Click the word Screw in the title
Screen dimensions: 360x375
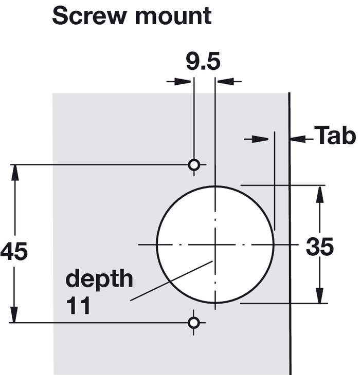pyautogui.click(x=89, y=16)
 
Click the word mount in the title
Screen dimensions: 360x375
pyautogui.click(x=173, y=16)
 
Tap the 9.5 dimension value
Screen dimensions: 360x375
pyautogui.click(x=203, y=62)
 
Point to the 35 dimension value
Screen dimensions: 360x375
pyautogui.click(x=319, y=247)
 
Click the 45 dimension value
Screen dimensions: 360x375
pyautogui.click(x=14, y=251)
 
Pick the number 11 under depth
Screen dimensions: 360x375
pyautogui.click(x=78, y=306)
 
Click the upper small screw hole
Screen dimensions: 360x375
pyautogui.click(x=194, y=165)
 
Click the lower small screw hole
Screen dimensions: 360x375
pyautogui.click(x=194, y=323)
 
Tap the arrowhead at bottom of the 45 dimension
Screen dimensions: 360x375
pyautogui.click(x=14, y=315)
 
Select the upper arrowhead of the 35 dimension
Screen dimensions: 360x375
pyautogui.click(x=320, y=193)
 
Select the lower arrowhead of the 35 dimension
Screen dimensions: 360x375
pyautogui.click(x=319, y=295)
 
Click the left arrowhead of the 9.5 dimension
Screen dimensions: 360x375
pyautogui.click(x=184, y=81)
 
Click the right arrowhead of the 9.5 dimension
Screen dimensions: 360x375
pyautogui.click(x=225, y=81)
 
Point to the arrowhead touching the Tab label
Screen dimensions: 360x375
pyautogui.click(x=298, y=139)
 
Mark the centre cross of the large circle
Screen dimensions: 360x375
pyautogui.click(x=215, y=245)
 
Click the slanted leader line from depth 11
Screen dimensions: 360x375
pyautogui.click(x=171, y=281)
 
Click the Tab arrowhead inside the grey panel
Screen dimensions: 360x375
pyautogui.click(x=260, y=139)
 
